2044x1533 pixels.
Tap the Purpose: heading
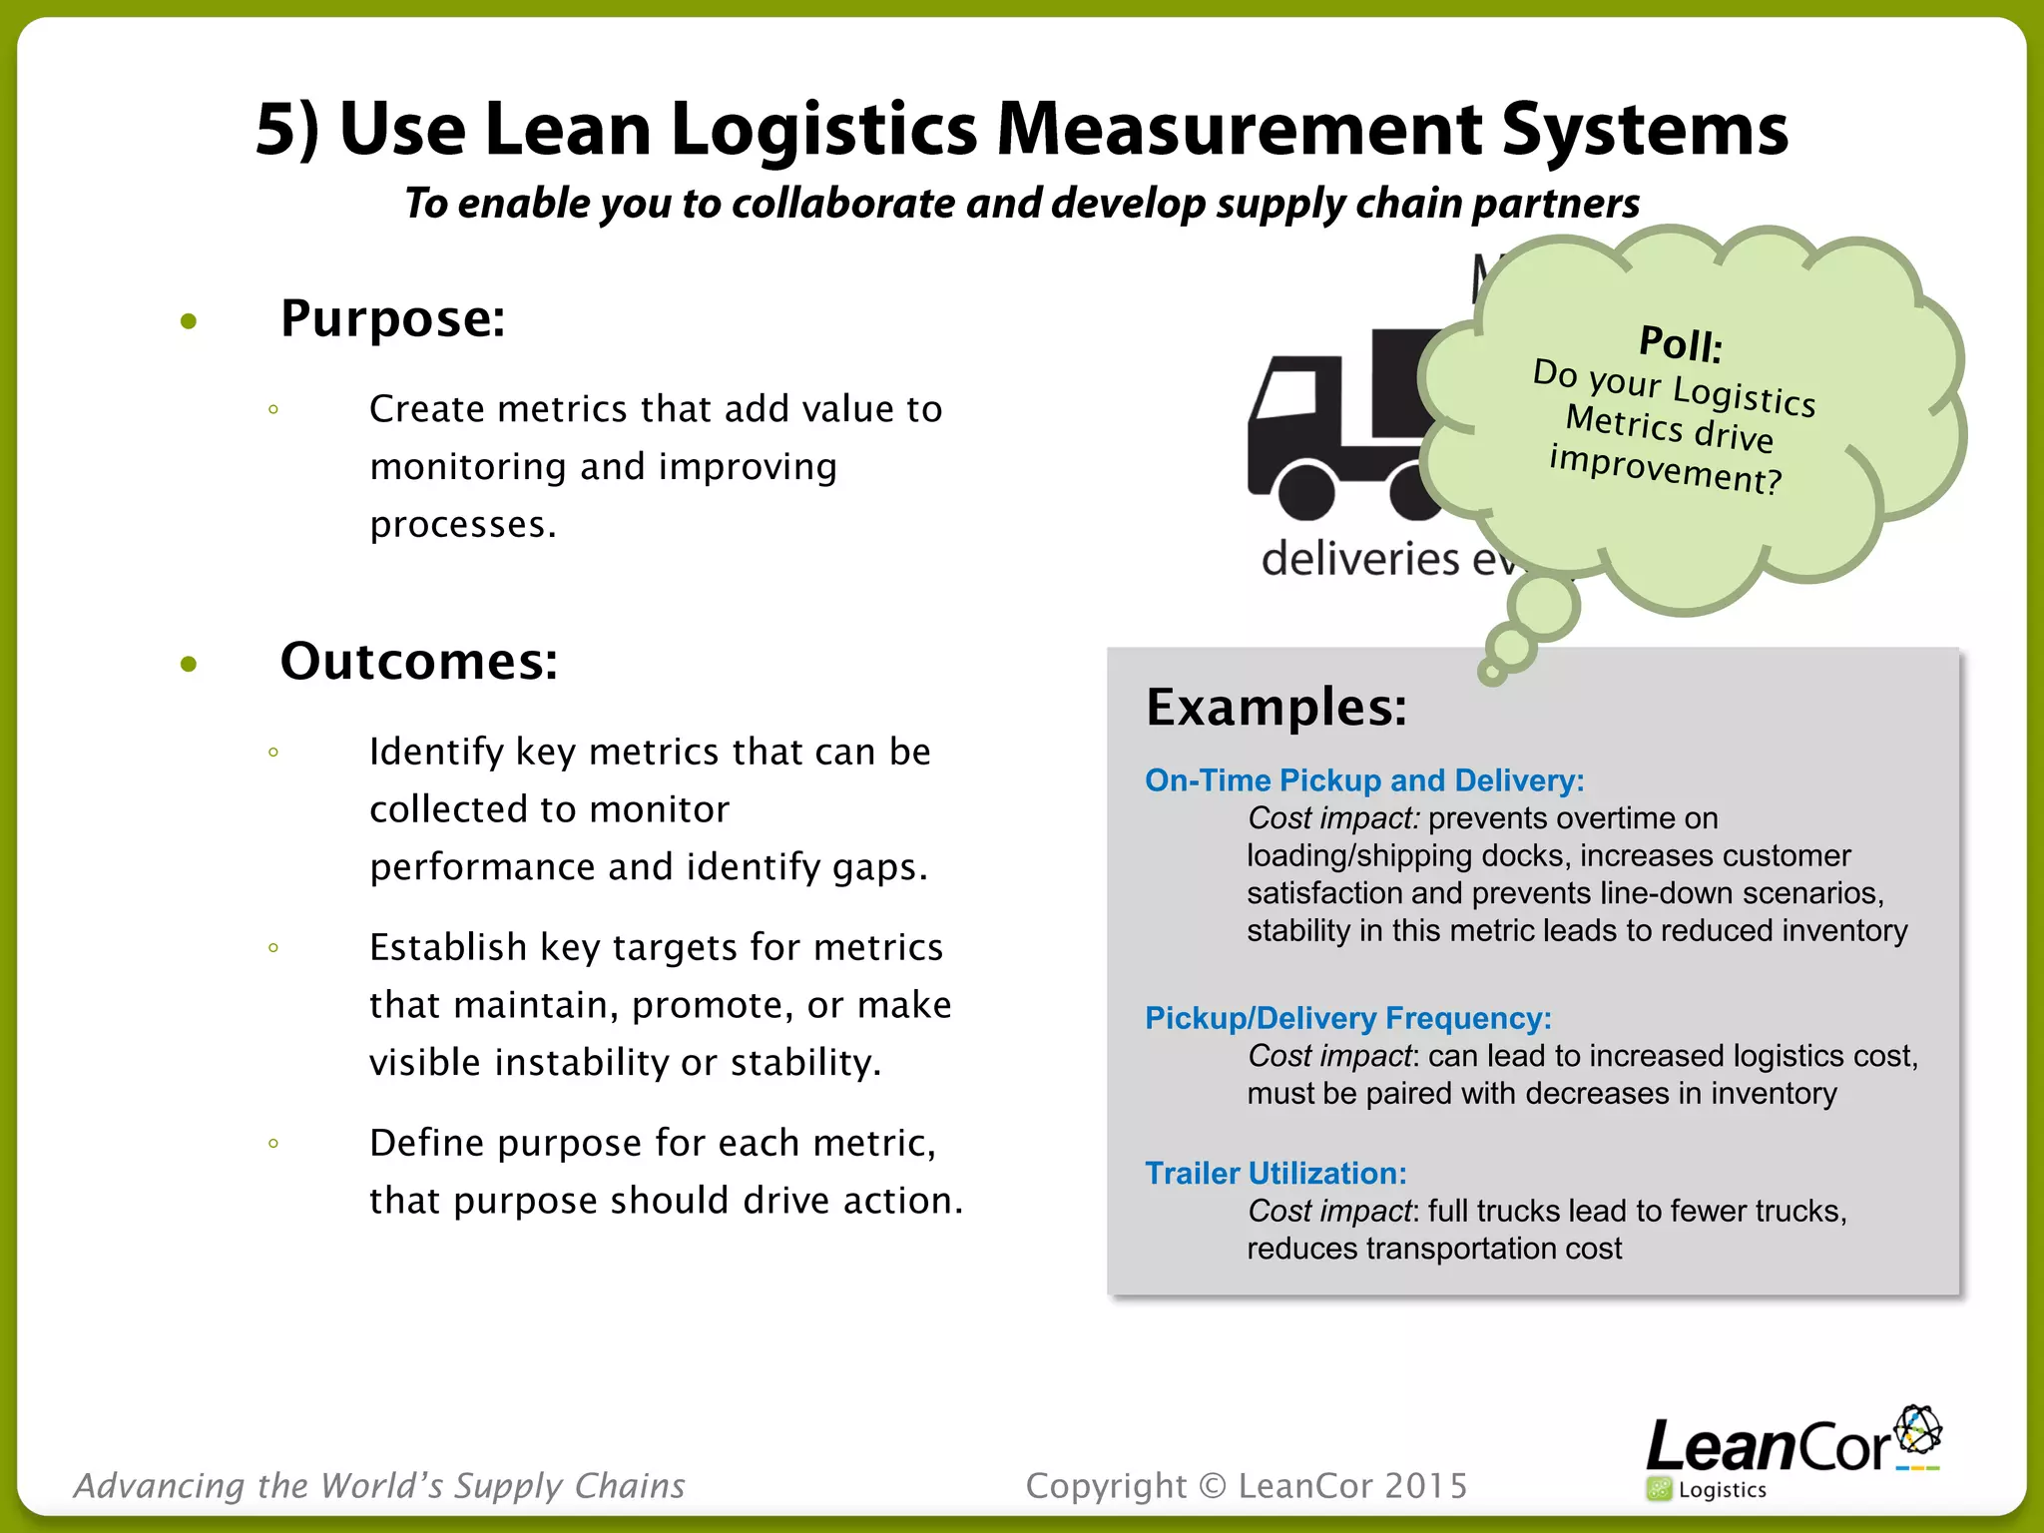(x=392, y=318)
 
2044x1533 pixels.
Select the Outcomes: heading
(x=418, y=661)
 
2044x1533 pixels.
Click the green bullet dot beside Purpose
(x=189, y=321)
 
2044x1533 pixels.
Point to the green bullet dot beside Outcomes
(x=189, y=665)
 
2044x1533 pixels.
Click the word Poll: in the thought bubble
(x=1681, y=344)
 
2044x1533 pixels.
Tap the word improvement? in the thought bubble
(x=1665, y=469)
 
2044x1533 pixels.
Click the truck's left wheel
(x=1306, y=490)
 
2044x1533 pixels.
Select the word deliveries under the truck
(x=1360, y=559)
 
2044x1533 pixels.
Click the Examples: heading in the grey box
(x=1277, y=708)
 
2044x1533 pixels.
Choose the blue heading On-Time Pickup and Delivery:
(x=1364, y=780)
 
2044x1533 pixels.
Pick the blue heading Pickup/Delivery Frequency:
(x=1347, y=1018)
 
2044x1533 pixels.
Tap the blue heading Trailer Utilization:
(x=1276, y=1174)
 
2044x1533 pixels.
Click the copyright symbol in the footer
(x=1212, y=1486)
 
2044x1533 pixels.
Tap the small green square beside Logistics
(x=1660, y=1490)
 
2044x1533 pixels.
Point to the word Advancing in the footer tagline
(x=160, y=1486)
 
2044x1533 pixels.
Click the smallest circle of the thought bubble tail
(x=1492, y=674)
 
